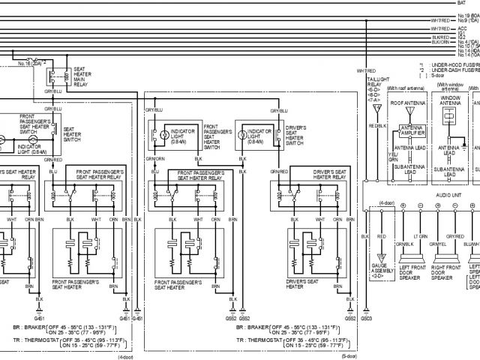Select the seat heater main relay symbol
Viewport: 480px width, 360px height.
pyautogui.click(x=55, y=76)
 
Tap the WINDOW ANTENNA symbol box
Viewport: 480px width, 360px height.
pyautogui.click(x=449, y=116)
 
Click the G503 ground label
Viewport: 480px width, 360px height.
pyautogui.click(x=366, y=319)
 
